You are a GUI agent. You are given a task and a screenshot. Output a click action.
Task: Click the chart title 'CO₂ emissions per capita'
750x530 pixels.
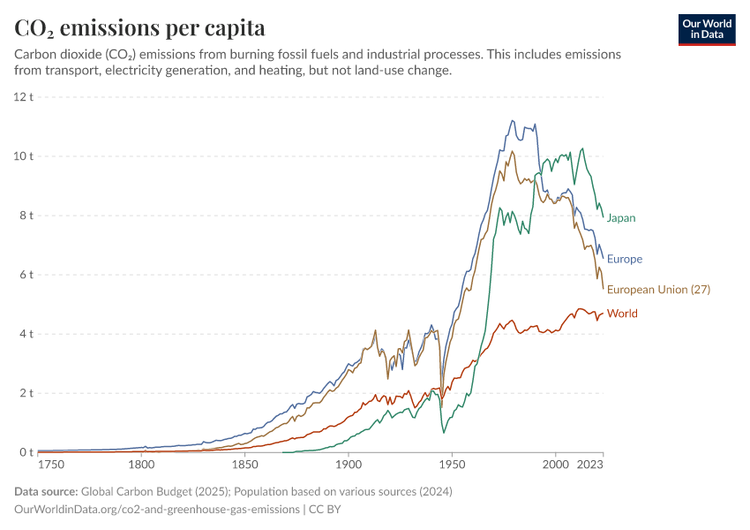(139, 27)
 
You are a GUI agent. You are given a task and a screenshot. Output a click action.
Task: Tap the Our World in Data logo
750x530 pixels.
(707, 29)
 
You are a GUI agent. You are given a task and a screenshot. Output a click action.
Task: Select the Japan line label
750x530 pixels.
(621, 218)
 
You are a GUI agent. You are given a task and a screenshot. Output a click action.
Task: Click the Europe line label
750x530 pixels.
(625, 260)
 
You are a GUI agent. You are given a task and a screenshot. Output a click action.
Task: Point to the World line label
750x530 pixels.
(622, 314)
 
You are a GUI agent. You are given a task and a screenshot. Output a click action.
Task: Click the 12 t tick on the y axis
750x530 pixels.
(24, 96)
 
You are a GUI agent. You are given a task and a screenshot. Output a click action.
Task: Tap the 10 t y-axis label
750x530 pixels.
(24, 156)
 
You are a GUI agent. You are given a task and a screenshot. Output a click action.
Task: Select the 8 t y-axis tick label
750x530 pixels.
(26, 216)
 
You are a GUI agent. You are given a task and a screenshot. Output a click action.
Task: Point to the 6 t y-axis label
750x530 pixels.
(26, 275)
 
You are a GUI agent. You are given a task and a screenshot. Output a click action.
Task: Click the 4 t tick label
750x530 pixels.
(26, 334)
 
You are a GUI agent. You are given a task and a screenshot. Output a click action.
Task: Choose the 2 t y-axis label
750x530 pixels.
(26, 393)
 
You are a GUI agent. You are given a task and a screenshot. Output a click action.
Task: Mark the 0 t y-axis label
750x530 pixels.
(26, 452)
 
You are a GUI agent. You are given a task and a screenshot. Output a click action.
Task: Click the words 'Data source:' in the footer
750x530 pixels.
(46, 491)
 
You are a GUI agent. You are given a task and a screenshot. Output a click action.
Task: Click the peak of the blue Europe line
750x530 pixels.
(512, 121)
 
